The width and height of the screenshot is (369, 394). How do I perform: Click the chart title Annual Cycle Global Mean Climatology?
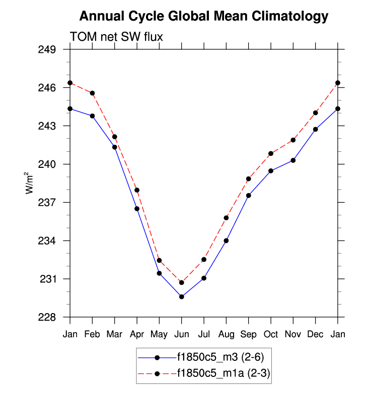point(204,17)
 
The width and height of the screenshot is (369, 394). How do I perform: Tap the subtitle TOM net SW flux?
point(116,37)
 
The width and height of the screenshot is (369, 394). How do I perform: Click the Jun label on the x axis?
point(182,334)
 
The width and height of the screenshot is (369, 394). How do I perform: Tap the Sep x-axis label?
point(249,334)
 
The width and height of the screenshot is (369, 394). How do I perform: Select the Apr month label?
point(137,334)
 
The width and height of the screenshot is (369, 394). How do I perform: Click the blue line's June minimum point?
point(182,297)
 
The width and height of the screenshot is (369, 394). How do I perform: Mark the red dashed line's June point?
point(182,282)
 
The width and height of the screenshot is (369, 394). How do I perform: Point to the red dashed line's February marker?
point(93,93)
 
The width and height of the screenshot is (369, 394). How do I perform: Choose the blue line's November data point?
point(293,160)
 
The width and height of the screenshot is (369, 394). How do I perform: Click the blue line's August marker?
point(226,241)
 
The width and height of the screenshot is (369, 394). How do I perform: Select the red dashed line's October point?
point(271,153)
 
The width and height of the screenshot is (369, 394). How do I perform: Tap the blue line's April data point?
point(137,209)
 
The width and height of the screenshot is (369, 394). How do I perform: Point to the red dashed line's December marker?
point(316,113)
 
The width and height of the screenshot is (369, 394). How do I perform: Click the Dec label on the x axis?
point(316,334)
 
